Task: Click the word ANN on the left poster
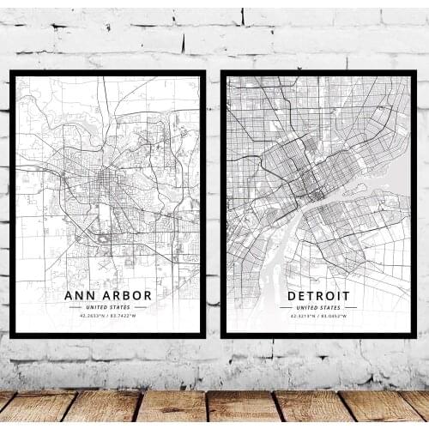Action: pos(80,295)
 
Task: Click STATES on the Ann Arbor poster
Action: pos(119,306)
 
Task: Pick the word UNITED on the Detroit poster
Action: pos(306,306)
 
